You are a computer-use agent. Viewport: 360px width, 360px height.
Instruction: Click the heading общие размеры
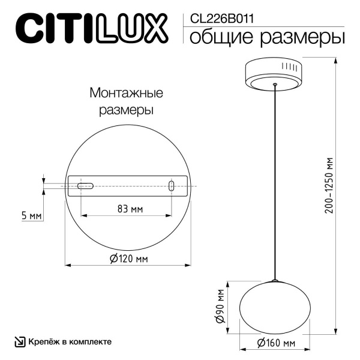point(267,37)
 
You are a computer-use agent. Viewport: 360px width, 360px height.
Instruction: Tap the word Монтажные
point(126,94)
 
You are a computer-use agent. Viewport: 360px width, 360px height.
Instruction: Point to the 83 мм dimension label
point(129,209)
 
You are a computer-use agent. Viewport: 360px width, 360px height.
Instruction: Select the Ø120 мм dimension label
point(128,259)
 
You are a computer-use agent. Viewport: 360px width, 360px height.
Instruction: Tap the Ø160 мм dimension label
point(275,343)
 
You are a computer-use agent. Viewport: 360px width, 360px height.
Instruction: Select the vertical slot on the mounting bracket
point(172,186)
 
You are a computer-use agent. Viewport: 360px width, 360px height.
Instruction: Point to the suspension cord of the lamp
point(275,180)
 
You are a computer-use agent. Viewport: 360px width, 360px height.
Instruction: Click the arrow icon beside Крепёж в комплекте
point(20,341)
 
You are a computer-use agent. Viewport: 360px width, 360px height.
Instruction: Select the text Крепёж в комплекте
point(70,341)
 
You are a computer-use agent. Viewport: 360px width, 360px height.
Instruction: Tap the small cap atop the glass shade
point(275,281)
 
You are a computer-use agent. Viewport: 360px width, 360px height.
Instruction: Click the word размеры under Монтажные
point(126,111)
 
